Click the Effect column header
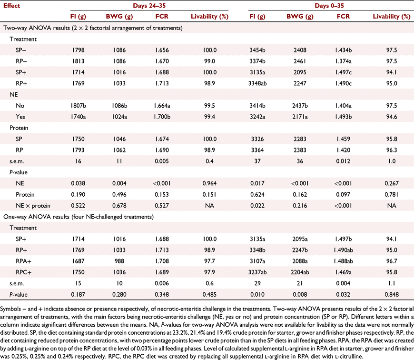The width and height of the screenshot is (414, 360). click(x=11, y=6)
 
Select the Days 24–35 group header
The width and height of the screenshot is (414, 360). click(x=149, y=6)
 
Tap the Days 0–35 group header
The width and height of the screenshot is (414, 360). click(x=329, y=6)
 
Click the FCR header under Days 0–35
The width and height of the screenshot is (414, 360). click(x=343, y=16)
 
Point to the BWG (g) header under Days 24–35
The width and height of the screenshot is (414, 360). click(x=119, y=16)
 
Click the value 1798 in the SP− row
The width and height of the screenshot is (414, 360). click(x=78, y=50)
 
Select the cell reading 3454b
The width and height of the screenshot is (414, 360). click(x=257, y=50)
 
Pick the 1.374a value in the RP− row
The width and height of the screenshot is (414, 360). click(x=343, y=61)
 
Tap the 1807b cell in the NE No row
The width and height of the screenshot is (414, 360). click(x=78, y=106)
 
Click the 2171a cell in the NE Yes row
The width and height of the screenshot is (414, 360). click(x=300, y=117)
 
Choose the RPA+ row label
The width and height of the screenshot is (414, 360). click(x=23, y=261)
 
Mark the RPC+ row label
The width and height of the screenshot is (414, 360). click(x=23, y=272)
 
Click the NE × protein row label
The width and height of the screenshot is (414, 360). click(x=33, y=206)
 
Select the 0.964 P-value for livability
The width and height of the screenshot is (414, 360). click(x=210, y=183)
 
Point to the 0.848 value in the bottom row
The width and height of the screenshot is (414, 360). click(x=392, y=294)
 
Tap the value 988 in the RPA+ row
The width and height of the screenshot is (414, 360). click(x=119, y=261)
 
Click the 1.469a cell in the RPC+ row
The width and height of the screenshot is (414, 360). click(x=343, y=272)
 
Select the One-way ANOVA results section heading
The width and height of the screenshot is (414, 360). click(x=79, y=217)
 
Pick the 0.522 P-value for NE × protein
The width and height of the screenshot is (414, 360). click(x=78, y=206)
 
